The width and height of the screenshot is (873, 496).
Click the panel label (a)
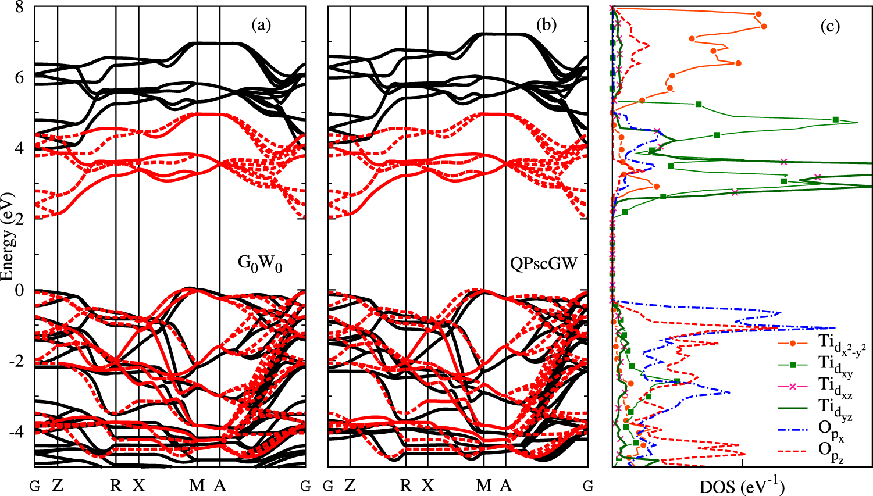click(261, 26)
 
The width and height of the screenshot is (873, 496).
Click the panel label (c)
click(829, 27)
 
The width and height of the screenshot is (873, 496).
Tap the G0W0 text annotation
click(260, 263)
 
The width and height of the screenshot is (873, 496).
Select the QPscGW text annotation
click(544, 264)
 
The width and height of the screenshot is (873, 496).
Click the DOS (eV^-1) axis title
click(742, 486)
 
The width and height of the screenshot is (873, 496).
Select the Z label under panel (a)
click(57, 486)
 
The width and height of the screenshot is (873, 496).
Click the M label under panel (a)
click(197, 486)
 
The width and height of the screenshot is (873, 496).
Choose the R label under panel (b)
click(406, 486)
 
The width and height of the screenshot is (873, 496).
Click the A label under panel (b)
click(505, 486)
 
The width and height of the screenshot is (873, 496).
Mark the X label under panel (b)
click(428, 486)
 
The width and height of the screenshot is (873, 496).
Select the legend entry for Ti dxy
click(835, 365)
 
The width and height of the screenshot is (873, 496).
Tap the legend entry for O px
click(832, 429)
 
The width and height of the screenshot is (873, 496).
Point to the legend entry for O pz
click(832, 451)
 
